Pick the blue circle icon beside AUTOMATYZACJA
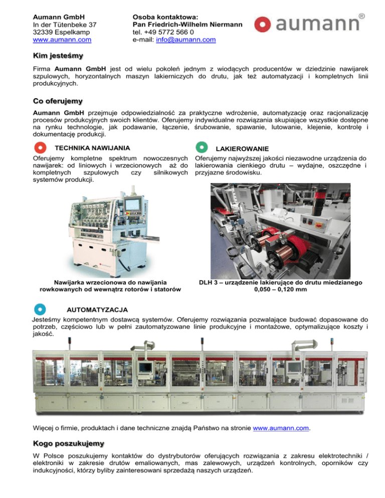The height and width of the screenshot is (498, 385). (41, 308)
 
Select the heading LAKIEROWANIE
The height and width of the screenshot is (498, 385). (241, 149)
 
